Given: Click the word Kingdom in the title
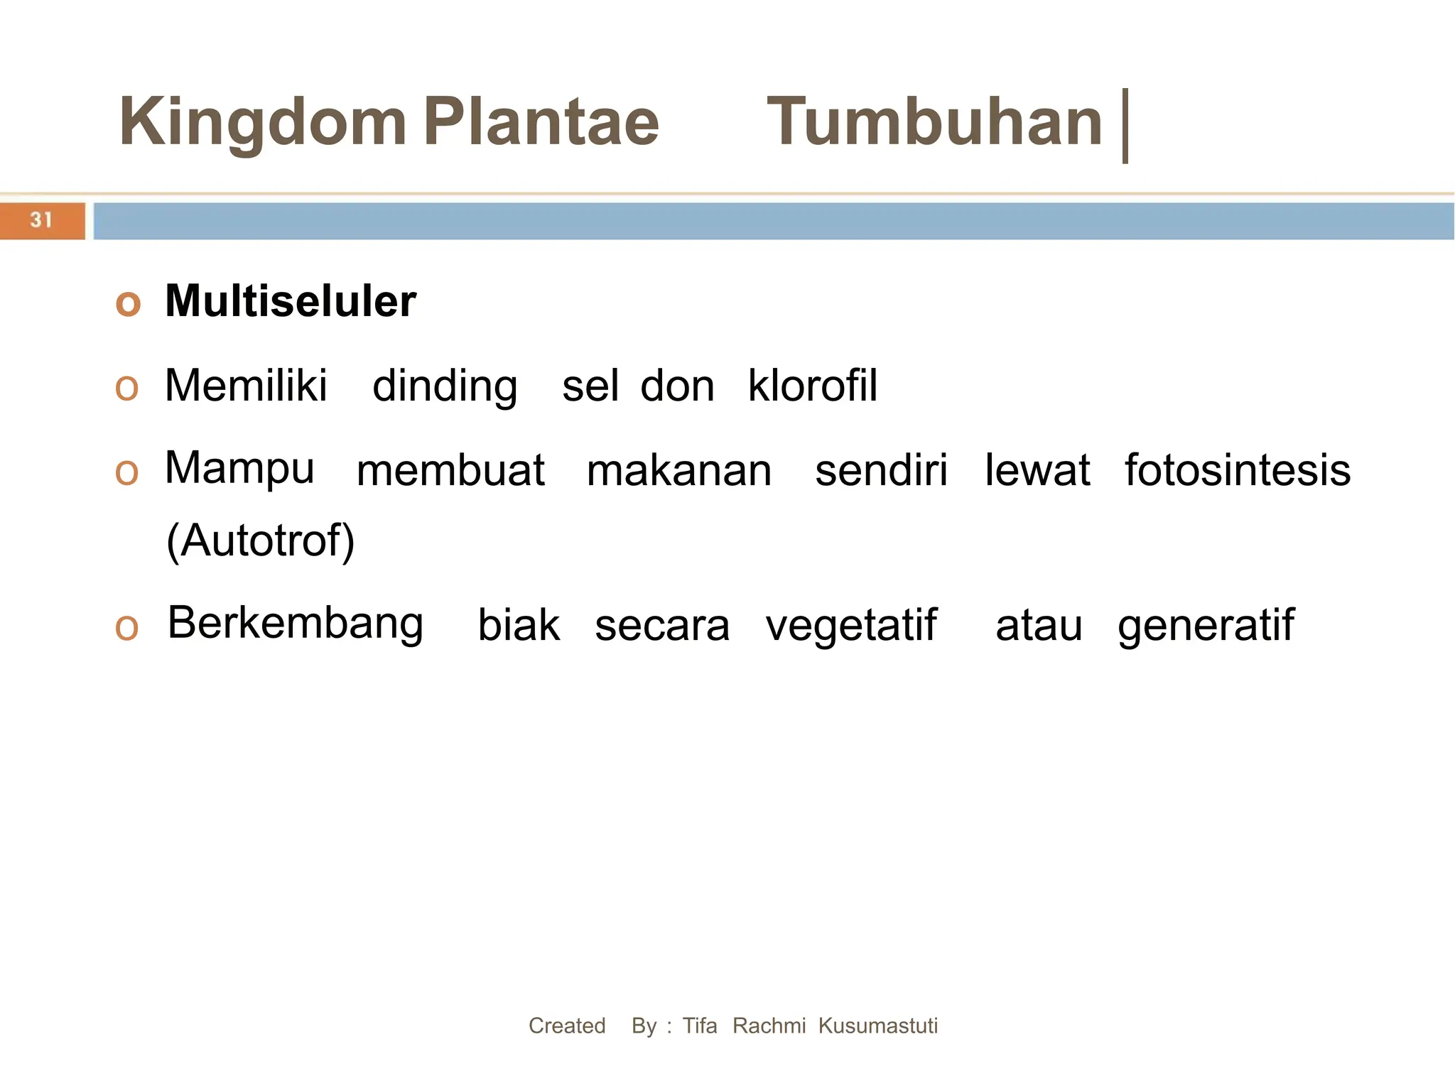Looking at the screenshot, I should pos(262,123).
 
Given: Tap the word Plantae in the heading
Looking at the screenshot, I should pos(541,121).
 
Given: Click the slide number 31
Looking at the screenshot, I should pos(41,220).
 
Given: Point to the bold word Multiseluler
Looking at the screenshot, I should pos(290,301).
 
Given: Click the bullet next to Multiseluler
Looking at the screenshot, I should pos(128,303).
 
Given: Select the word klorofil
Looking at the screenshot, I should pos(813,386).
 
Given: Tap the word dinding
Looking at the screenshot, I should pos(445,387).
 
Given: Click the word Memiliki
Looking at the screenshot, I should pos(246,386).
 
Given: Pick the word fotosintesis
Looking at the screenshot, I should pos(1237,470).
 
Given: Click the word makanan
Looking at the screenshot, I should pos(679,470).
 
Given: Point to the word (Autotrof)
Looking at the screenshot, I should pos(260,541).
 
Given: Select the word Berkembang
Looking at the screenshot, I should pos(296,624).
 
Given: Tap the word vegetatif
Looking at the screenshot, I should pos(851,626).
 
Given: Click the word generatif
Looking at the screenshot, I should pos(1206,626).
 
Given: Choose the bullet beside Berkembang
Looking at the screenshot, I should pos(126,627).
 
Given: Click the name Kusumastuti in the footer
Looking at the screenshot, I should pos(877,1026).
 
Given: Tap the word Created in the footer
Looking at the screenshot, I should pos(567,1026).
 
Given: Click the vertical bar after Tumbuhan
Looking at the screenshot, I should pos(1125,126).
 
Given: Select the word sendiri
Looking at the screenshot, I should pos(881,470).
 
